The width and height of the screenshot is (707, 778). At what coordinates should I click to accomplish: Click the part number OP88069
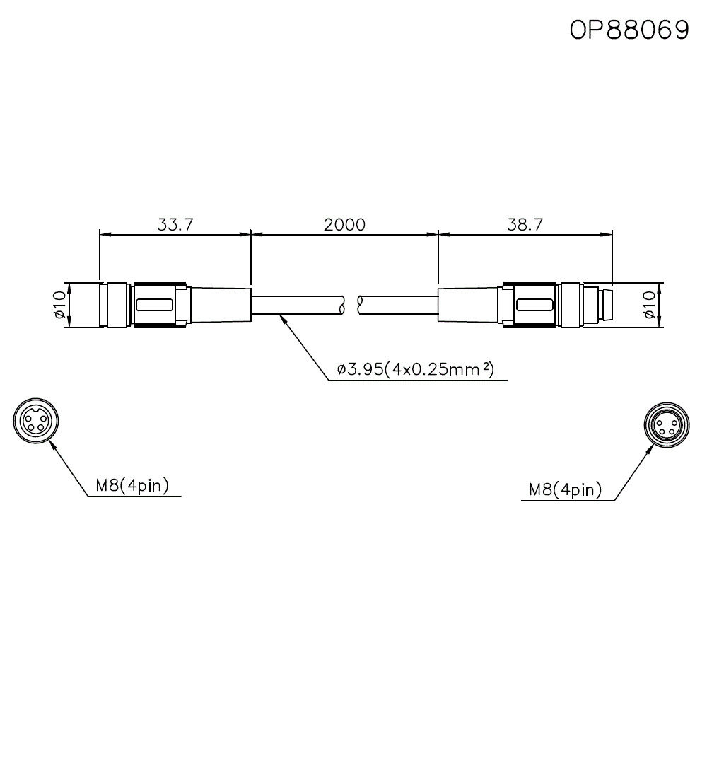pyautogui.click(x=629, y=30)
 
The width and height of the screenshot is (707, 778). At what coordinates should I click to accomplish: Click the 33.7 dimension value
pyautogui.click(x=175, y=225)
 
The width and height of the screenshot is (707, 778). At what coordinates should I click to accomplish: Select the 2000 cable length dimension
pyautogui.click(x=344, y=225)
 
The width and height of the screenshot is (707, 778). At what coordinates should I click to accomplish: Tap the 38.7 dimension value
pyautogui.click(x=525, y=225)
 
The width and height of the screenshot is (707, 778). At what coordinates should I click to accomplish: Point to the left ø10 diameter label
pyautogui.click(x=59, y=305)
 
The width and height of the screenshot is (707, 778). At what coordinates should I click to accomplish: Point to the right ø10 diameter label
pyautogui.click(x=650, y=305)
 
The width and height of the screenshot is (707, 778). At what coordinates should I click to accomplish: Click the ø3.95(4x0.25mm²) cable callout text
pyautogui.click(x=414, y=368)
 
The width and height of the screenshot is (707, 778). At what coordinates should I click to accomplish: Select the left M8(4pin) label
pyautogui.click(x=132, y=486)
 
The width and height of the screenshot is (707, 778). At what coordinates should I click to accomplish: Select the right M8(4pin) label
pyautogui.click(x=565, y=489)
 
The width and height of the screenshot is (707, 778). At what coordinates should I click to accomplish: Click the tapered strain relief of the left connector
pyautogui.click(x=219, y=305)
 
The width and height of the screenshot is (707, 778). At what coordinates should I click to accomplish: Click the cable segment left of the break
pyautogui.click(x=297, y=305)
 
